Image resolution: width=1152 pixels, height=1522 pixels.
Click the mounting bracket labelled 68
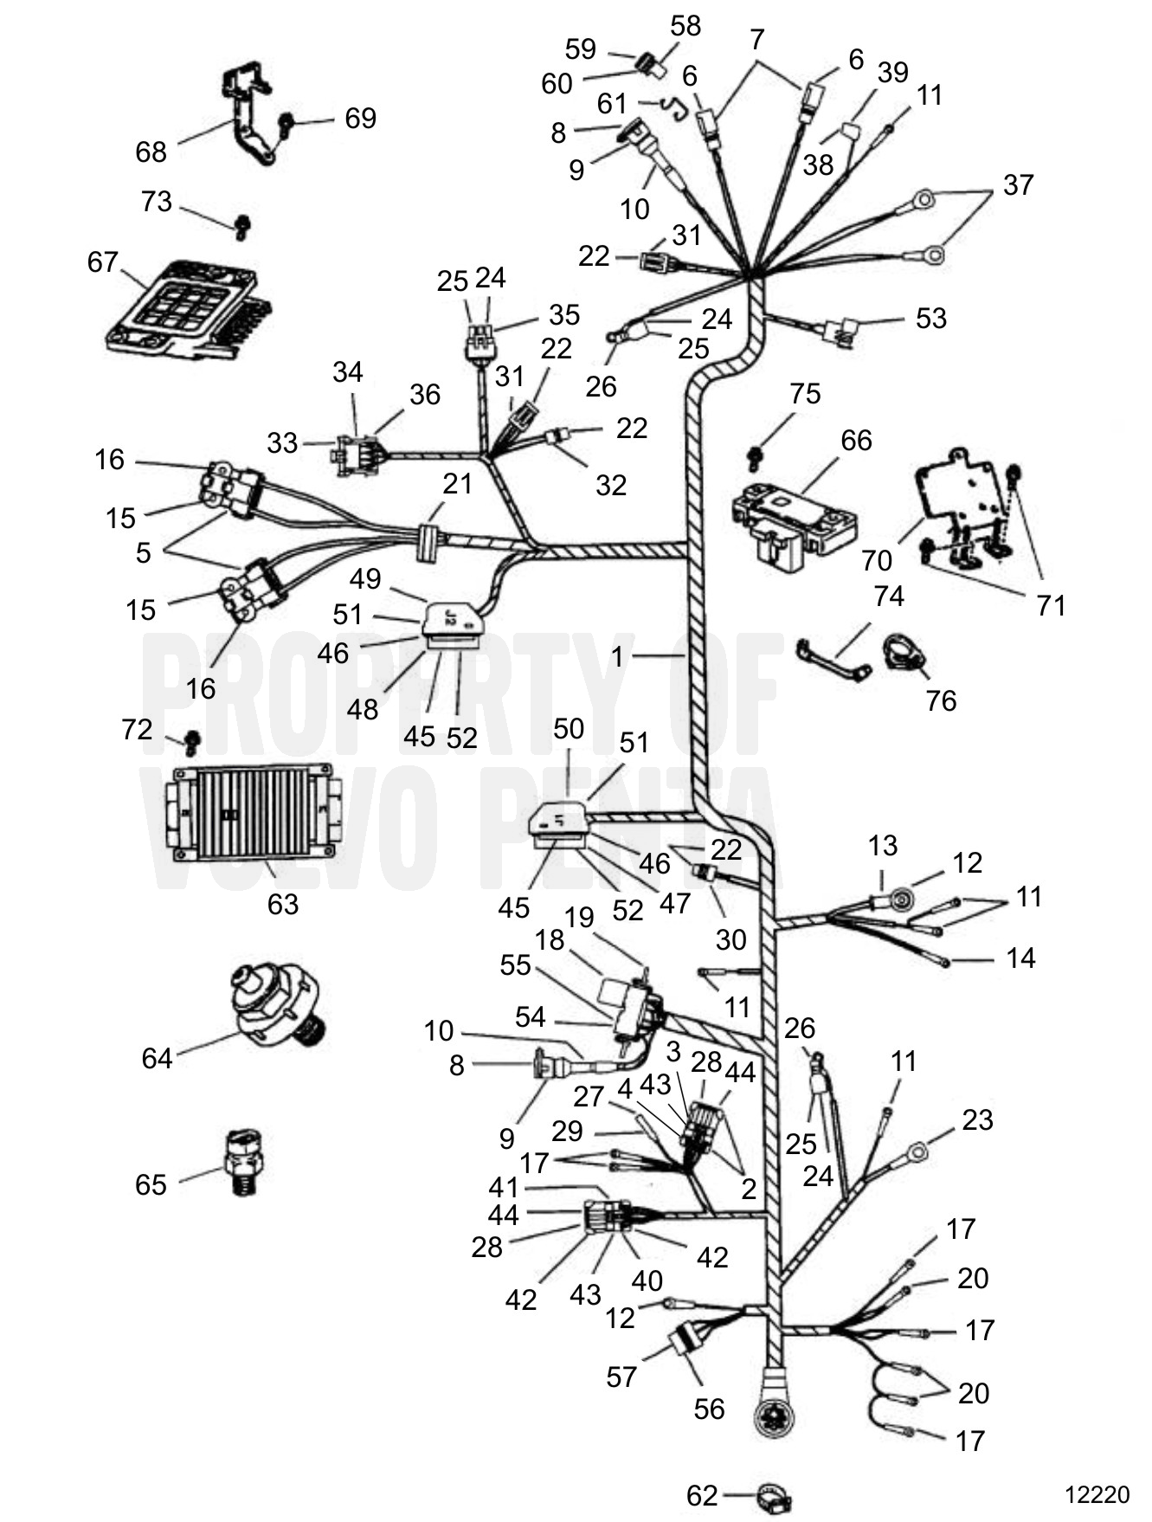[x=249, y=110]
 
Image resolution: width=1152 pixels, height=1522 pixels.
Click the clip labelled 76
[x=903, y=653]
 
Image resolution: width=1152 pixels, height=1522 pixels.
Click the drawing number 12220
[x=1097, y=1495]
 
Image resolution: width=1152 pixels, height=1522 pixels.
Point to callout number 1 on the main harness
[x=617, y=657]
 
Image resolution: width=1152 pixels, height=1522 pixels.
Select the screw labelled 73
[x=241, y=228]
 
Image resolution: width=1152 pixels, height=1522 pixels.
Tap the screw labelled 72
[x=193, y=741]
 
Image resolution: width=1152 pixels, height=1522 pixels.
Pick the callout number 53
[x=931, y=318]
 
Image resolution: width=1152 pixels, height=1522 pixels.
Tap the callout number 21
[x=457, y=483]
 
